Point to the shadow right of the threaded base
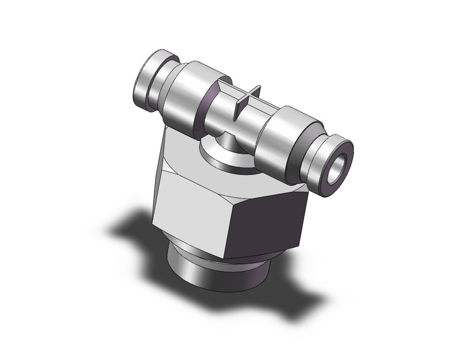pos(288,288)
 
